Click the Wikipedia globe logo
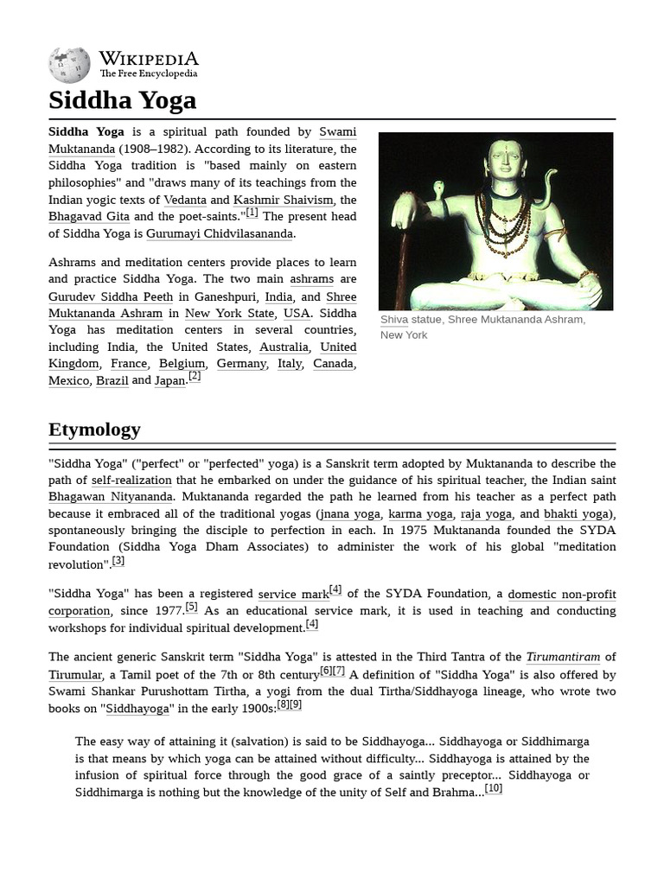pyautogui.click(x=69, y=66)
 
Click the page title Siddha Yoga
pyautogui.click(x=122, y=100)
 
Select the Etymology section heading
pyautogui.click(x=94, y=430)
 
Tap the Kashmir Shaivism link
pyautogui.click(x=283, y=200)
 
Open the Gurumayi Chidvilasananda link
pyautogui.click(x=220, y=234)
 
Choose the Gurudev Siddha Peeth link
pyautogui.click(x=111, y=296)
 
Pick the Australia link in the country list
pyautogui.click(x=282, y=347)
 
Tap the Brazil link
pyautogui.click(x=112, y=381)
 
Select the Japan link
pyautogui.click(x=169, y=381)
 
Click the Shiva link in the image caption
pyautogui.click(x=393, y=320)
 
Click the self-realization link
pyautogui.click(x=131, y=481)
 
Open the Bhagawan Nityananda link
pyautogui.click(x=111, y=497)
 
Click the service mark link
pyautogui.click(x=293, y=595)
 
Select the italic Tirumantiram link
pyautogui.click(x=563, y=658)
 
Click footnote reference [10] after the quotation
pyautogui.click(x=494, y=788)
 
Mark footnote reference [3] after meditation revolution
pyautogui.click(x=118, y=561)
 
